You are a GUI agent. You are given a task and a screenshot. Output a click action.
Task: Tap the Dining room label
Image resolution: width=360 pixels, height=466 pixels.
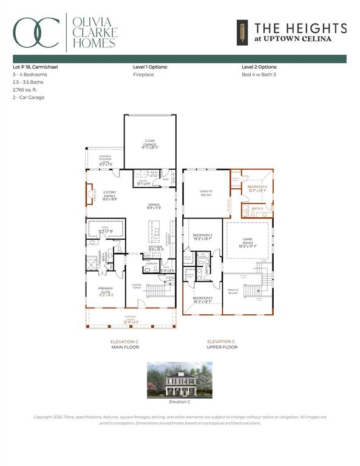coord(154,206)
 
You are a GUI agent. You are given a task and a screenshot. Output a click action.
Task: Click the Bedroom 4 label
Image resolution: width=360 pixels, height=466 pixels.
coord(257,189)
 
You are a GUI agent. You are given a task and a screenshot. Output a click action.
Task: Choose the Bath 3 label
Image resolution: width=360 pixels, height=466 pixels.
coord(257,208)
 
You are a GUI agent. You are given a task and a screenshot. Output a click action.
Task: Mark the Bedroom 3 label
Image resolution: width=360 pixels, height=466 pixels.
coord(202,299)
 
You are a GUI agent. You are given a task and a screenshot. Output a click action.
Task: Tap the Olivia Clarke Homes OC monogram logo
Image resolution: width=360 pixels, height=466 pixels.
coord(37,33)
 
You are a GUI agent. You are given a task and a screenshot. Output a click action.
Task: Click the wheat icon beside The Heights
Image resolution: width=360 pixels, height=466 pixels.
coord(241,33)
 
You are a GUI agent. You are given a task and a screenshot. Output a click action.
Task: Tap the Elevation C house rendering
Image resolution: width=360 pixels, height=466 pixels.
coord(180,380)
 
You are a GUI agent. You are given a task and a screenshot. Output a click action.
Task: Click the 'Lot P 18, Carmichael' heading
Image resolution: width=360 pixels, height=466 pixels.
coord(35,66)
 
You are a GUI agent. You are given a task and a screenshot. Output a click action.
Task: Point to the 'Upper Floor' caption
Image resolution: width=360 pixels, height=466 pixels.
coord(222,347)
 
